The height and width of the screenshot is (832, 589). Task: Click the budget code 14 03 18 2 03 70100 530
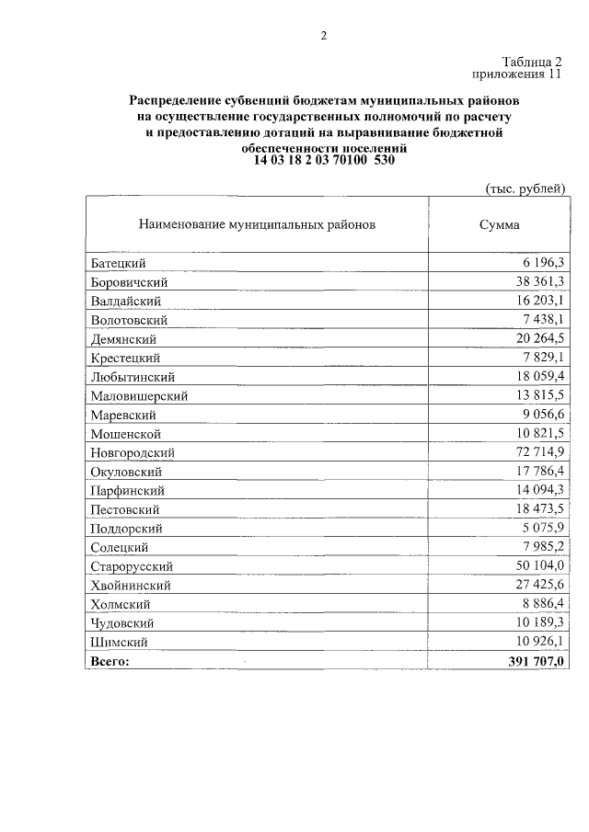[x=323, y=160]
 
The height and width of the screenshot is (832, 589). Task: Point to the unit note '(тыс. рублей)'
[x=525, y=188]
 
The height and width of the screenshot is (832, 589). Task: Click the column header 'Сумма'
[x=499, y=224]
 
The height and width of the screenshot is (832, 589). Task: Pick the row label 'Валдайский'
[x=127, y=301]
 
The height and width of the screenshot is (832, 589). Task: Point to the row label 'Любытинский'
[x=133, y=377]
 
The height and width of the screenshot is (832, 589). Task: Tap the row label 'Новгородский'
[x=133, y=452]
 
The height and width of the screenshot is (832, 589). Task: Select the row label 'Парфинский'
[x=128, y=491]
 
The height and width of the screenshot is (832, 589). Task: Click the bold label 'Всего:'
[x=111, y=661]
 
